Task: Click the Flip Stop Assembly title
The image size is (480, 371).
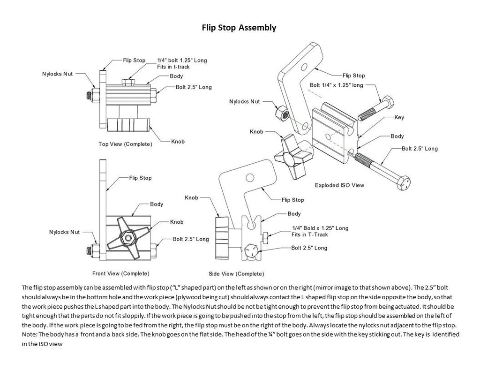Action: [239, 28]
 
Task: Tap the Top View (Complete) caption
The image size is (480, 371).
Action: [125, 144]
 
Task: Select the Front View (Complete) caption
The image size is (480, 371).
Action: [120, 273]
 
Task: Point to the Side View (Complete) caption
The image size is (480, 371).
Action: [236, 273]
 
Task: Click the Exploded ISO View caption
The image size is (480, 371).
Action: [339, 185]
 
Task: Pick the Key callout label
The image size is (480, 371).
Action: [399, 118]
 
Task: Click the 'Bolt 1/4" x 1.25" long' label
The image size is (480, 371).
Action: [337, 85]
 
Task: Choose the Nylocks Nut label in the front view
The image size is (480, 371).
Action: [64, 232]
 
